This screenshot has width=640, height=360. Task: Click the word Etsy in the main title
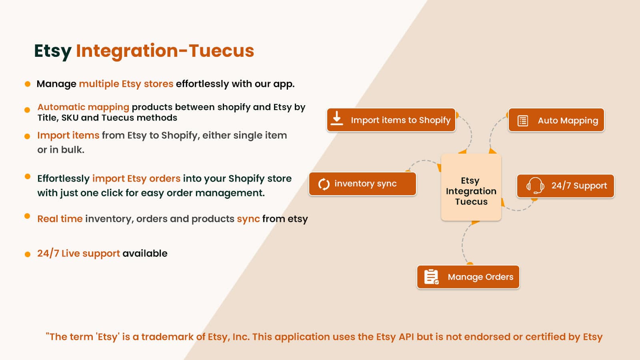52,51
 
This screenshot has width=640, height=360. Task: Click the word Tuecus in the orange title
221,51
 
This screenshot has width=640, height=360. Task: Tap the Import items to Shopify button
391,120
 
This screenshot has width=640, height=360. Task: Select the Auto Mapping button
556,120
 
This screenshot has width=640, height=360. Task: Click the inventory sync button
362,184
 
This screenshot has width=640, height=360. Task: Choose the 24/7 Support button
565,186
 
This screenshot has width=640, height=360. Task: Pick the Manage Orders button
468,277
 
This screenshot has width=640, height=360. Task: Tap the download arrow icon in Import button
337,118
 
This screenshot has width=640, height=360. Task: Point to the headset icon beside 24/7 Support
535,186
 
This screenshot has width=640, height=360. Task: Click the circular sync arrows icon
324,184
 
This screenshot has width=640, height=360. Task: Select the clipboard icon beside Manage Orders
431,277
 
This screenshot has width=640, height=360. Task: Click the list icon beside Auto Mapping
523,120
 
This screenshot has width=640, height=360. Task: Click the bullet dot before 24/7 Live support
28,254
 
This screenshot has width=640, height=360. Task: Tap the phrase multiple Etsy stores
126,84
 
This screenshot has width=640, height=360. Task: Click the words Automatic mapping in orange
83,107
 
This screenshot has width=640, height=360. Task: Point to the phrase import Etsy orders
136,178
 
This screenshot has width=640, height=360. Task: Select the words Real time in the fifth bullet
60,219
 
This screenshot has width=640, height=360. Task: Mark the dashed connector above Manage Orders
463,243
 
